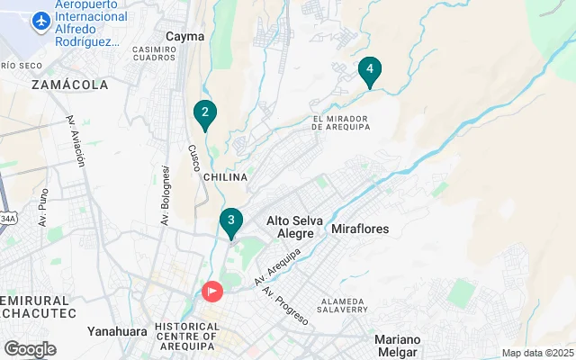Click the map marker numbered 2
[x=205, y=113]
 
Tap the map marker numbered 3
[x=231, y=220]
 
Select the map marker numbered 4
[x=369, y=70]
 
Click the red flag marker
[x=212, y=292]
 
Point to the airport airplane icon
[x=39, y=20]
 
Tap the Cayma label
[x=185, y=37]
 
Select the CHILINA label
[x=224, y=177]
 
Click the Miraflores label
[x=360, y=229]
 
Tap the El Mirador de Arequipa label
[x=341, y=122]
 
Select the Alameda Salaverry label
[x=341, y=304]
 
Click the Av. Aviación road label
[x=76, y=140]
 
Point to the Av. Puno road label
[x=42, y=206]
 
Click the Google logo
[x=30, y=349]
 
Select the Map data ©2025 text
[x=536, y=353]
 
